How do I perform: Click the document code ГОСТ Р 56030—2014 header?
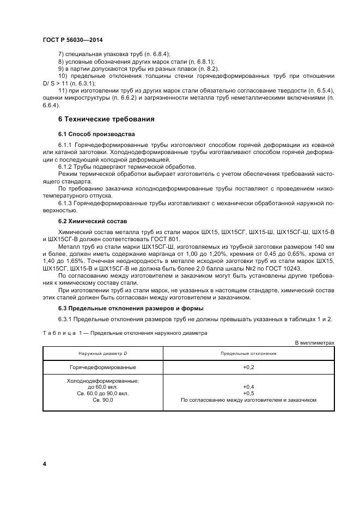click(x=72, y=40)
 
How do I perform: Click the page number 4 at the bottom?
click(x=45, y=463)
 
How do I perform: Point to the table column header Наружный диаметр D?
click(x=102, y=353)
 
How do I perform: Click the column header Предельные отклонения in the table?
click(x=248, y=353)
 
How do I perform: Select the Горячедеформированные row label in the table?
click(x=102, y=368)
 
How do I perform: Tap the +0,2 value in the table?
click(x=249, y=368)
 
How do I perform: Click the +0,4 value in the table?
click(x=249, y=387)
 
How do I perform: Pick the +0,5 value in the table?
click(x=249, y=393)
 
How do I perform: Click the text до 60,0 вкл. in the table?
click(x=102, y=387)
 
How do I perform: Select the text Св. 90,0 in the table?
click(x=102, y=400)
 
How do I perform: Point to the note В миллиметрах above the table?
click(x=314, y=342)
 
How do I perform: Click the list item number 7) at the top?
click(x=61, y=54)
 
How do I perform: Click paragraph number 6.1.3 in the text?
click(x=65, y=203)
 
